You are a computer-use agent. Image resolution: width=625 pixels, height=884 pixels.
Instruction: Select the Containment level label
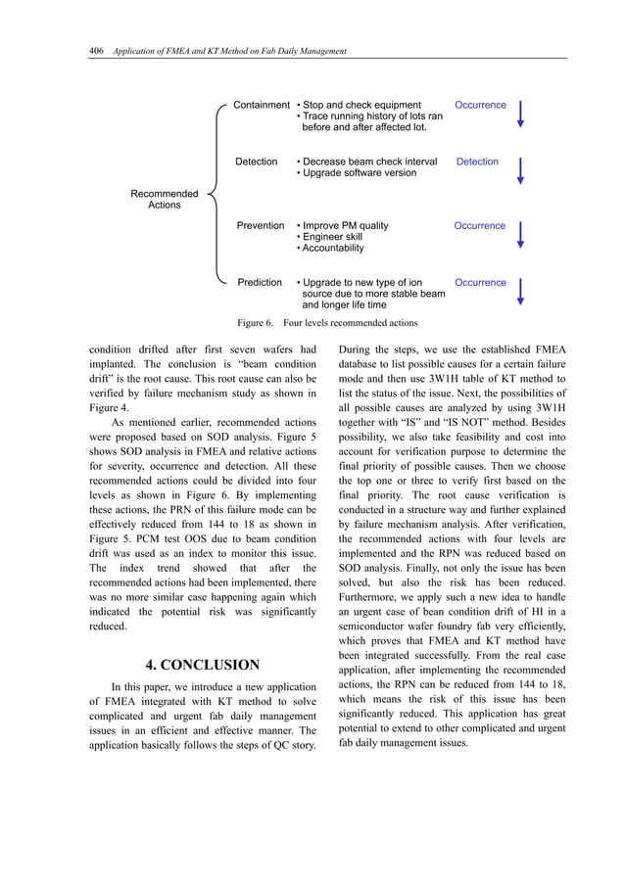pyautogui.click(x=261, y=105)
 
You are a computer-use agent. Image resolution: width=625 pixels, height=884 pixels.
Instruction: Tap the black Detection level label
pyautogui.click(x=256, y=162)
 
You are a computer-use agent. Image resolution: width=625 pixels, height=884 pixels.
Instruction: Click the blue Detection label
pyautogui.click(x=477, y=162)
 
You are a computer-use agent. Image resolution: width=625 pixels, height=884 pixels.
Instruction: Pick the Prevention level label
pyautogui.click(x=261, y=225)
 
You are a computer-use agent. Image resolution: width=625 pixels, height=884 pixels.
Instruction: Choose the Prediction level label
pyautogui.click(x=260, y=282)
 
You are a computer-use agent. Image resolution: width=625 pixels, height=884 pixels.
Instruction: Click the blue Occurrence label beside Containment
pyautogui.click(x=480, y=105)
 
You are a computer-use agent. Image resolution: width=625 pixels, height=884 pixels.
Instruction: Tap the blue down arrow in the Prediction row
pyautogui.click(x=520, y=291)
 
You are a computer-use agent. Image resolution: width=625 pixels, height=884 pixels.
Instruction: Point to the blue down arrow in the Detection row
pyautogui.click(x=520, y=170)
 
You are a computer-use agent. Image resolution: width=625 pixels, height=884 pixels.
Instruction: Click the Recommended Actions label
pyautogui.click(x=164, y=200)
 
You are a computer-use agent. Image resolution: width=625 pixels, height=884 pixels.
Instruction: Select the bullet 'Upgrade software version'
pyautogui.click(x=357, y=173)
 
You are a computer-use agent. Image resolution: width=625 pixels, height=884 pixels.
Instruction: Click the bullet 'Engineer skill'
pyautogui.click(x=331, y=237)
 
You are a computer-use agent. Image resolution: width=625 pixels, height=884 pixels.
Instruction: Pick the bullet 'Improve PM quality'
pyautogui.click(x=343, y=225)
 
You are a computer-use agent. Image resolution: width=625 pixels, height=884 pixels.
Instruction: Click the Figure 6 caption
pyautogui.click(x=328, y=322)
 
